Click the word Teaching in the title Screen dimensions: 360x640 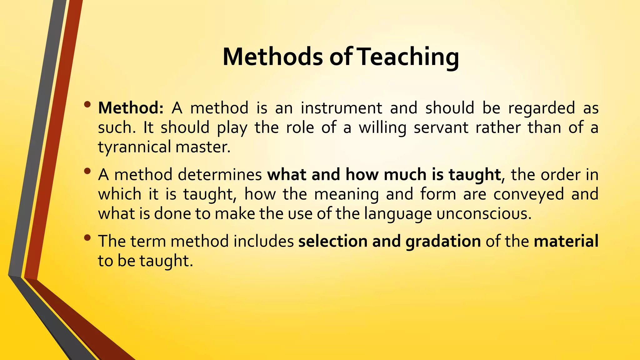408,57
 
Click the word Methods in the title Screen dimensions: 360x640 273,57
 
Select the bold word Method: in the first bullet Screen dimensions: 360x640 131,108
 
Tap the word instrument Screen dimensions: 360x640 341,108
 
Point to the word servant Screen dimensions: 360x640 441,127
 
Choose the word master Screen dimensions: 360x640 203,147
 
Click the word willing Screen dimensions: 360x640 382,127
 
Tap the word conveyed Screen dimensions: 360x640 529,194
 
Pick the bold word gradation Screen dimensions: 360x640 443,242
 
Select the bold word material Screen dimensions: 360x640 566,241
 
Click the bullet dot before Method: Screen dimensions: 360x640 87,104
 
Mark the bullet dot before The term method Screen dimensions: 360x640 87,238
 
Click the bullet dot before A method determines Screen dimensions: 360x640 87,171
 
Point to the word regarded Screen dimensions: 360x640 542,108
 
